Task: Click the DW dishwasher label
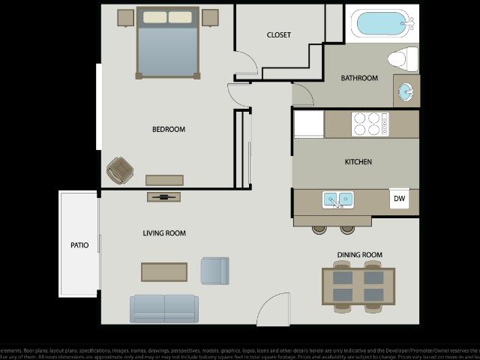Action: [x=399, y=199]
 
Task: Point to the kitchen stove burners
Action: [x=370, y=124]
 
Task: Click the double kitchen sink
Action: [x=338, y=199]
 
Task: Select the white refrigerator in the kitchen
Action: [x=308, y=124]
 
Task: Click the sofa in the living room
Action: [x=164, y=307]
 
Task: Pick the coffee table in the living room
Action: [x=164, y=271]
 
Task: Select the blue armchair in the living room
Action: [x=214, y=271]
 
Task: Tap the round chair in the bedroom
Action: [x=118, y=170]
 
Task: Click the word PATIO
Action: [x=79, y=245]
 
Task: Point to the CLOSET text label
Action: [x=279, y=35]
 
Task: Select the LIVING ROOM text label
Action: [x=164, y=233]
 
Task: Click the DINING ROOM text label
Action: [x=359, y=255]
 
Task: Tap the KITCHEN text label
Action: [x=358, y=162]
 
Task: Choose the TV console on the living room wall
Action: [x=163, y=196]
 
